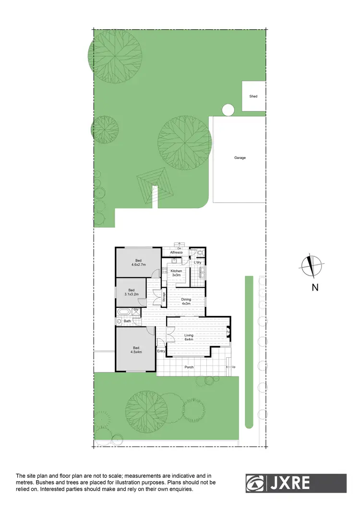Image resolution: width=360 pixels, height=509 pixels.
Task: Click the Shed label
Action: [253, 97]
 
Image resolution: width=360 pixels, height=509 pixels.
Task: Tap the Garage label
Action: [240, 158]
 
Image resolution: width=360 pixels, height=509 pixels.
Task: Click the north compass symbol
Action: [312, 267]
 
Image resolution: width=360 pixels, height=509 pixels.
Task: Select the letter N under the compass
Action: [315, 288]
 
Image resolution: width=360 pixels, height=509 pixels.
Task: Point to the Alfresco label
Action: [177, 252]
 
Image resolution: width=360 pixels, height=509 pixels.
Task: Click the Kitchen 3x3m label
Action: [176, 273]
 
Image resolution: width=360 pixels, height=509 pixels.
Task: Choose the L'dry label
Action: [197, 263]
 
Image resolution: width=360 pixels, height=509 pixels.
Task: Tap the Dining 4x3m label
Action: [186, 302]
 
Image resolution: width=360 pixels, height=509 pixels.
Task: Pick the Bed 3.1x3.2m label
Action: [132, 291]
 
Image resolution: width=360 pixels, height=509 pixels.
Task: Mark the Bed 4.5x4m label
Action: [136, 350]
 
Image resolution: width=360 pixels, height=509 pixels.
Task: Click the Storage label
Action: [164, 298]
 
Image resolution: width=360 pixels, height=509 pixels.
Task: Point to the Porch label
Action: [189, 367]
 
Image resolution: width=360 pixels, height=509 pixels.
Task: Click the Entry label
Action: [161, 351]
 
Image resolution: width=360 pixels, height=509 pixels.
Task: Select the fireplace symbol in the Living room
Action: [228, 331]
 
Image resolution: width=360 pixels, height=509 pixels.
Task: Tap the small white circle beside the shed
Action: [228, 110]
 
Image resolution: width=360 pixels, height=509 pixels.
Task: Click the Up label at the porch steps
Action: [233, 367]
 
